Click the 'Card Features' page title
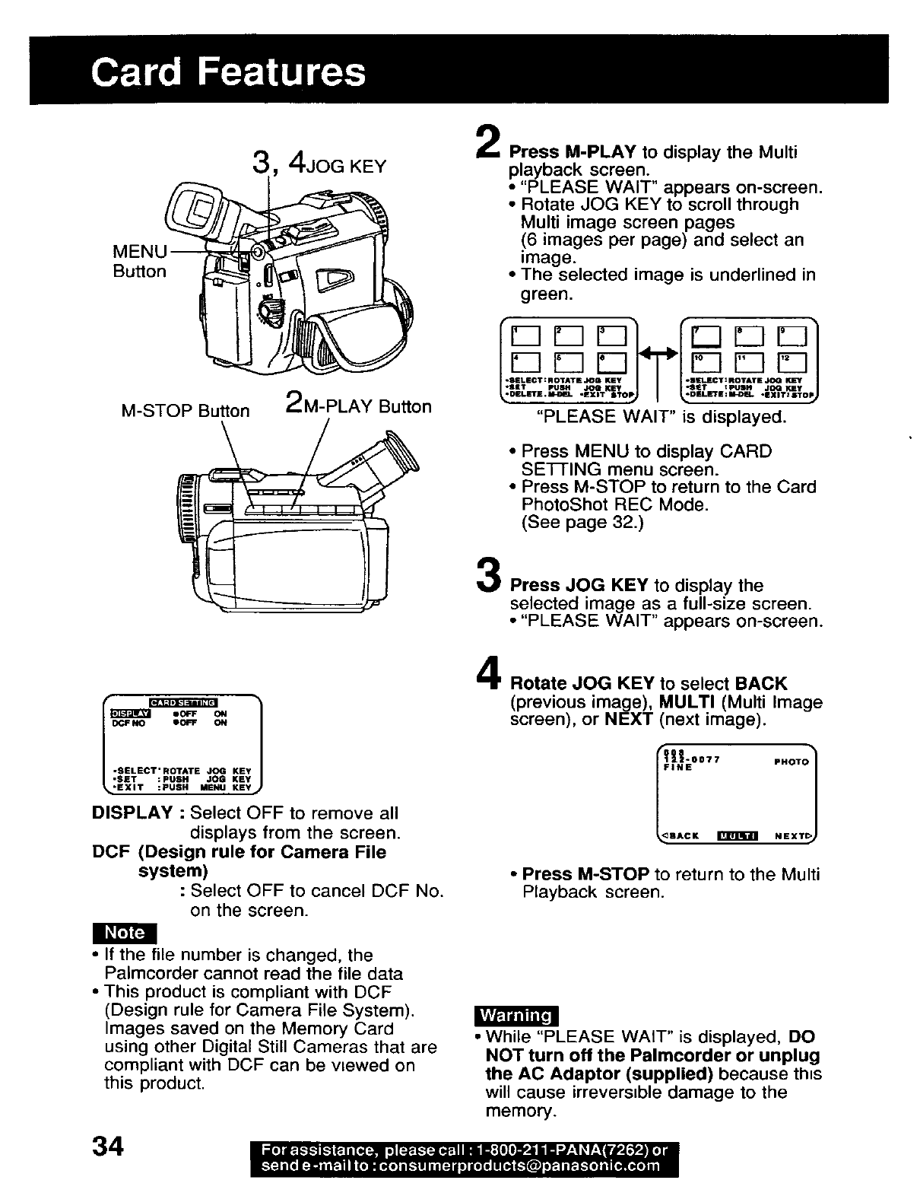pyautogui.click(x=227, y=73)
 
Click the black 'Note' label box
pyautogui.click(x=124, y=932)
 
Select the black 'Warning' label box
pyautogui.click(x=516, y=1016)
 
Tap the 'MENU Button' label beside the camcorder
pyautogui.click(x=139, y=261)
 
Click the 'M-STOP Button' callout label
pyautogui.click(x=186, y=411)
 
